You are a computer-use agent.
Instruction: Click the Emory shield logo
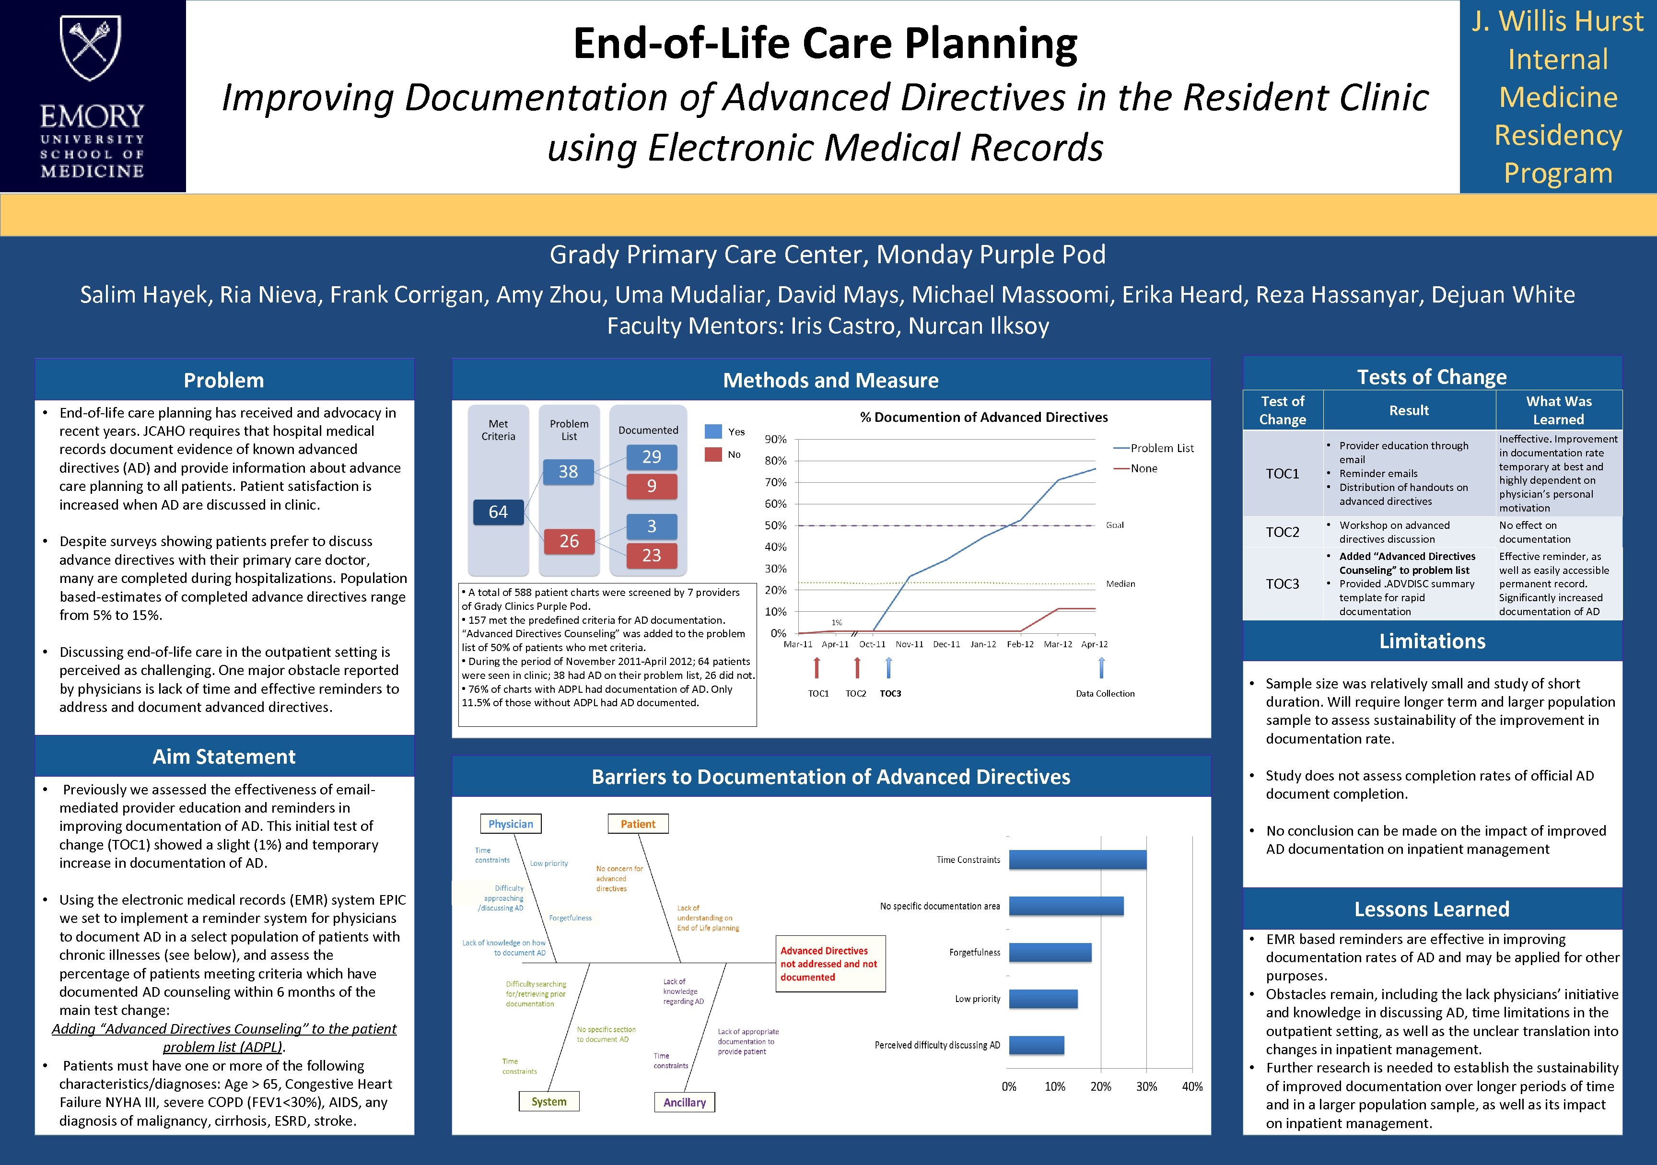point(91,49)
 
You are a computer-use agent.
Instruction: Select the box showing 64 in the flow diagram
point(498,512)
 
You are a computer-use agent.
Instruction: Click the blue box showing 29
point(651,457)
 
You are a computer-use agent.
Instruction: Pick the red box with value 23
point(651,555)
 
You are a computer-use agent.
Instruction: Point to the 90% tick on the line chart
point(776,439)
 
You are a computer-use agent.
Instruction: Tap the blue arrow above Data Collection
point(1101,668)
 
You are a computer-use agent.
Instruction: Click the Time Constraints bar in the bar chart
point(1077,860)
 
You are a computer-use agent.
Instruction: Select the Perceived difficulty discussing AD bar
point(1037,1045)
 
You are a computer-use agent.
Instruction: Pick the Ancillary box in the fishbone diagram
point(684,1102)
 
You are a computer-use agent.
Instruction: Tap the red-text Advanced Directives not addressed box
point(829,964)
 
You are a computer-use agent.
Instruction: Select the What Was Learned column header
point(1558,410)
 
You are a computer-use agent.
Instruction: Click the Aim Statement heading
point(224,757)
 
